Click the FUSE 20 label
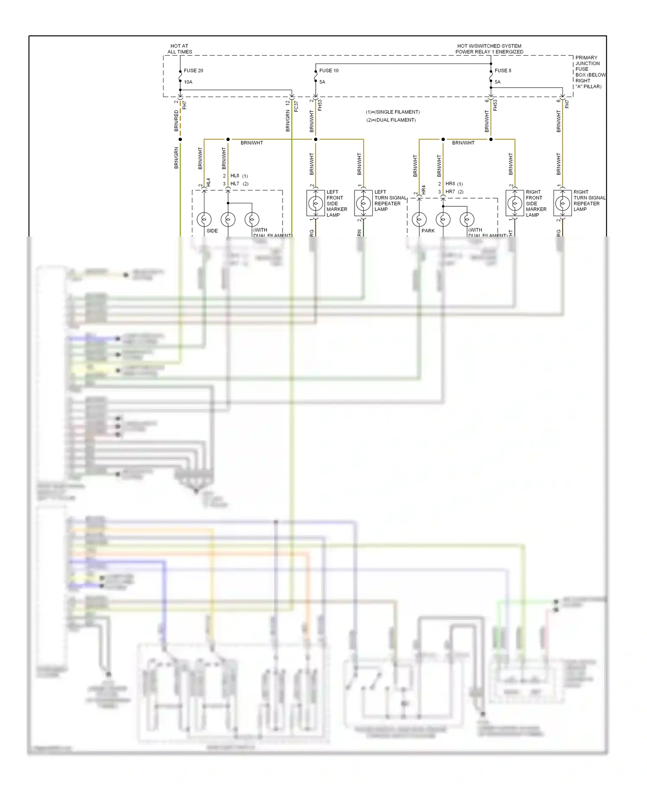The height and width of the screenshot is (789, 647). coord(193,71)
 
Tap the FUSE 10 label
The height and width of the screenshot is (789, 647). coord(329,71)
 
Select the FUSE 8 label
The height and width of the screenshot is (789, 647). coord(503,71)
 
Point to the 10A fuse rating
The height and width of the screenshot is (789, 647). coord(188,82)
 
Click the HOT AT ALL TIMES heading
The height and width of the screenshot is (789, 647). coord(179,49)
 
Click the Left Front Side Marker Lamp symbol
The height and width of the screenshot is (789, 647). coord(315,203)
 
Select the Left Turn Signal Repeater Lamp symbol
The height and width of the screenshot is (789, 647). coord(363,203)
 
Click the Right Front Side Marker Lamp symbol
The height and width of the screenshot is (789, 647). coord(515,203)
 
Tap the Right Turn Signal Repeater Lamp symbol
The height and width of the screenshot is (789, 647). coord(562,203)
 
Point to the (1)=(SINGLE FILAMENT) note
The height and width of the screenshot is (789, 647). coord(393,112)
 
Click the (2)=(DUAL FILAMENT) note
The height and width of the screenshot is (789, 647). coord(391,120)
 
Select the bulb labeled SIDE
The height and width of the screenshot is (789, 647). coord(204,220)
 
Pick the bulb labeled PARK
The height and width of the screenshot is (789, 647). coord(419,220)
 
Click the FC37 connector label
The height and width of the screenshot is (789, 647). coord(296,106)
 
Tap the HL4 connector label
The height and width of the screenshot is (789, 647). coord(208,182)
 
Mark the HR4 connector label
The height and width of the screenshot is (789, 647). coord(424,189)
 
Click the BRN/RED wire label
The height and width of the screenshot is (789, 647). coord(176,121)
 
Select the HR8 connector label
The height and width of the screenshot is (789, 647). coord(450,184)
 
